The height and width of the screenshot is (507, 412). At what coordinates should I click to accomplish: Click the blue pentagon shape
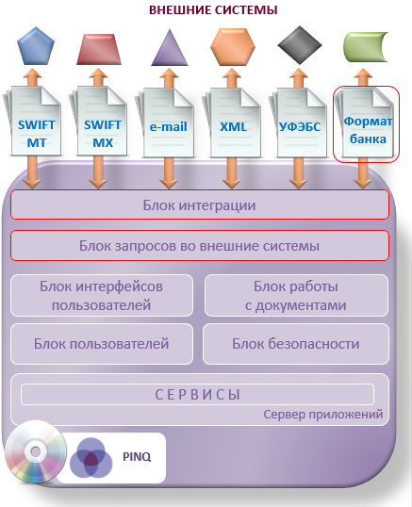(x=36, y=46)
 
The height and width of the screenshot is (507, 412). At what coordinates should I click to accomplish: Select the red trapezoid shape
(x=99, y=49)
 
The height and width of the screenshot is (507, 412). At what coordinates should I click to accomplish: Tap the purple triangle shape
(x=170, y=47)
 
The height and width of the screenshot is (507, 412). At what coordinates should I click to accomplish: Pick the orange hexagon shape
(x=233, y=47)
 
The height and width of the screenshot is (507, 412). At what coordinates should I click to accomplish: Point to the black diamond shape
(x=300, y=45)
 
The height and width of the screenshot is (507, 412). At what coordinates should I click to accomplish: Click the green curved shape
(x=366, y=47)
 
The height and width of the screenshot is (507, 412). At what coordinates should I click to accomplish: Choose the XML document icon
(x=232, y=123)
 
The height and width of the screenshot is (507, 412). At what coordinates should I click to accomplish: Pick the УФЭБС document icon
(x=298, y=123)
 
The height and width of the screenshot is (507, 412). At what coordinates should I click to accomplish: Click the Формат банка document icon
(x=365, y=123)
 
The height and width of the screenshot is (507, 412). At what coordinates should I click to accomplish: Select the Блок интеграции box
(x=200, y=204)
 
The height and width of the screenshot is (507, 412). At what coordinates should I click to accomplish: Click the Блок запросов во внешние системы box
(x=200, y=245)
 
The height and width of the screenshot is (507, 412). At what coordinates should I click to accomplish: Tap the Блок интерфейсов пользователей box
(x=102, y=296)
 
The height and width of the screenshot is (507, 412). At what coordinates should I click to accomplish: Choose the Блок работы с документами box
(x=296, y=296)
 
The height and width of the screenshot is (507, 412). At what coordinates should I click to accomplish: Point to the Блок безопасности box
(x=296, y=344)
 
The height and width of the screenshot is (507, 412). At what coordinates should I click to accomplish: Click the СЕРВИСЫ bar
(x=197, y=395)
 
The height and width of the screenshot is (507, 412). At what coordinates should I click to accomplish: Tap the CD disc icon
(x=36, y=451)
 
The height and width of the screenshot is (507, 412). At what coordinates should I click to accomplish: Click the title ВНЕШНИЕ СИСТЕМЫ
(x=213, y=10)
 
